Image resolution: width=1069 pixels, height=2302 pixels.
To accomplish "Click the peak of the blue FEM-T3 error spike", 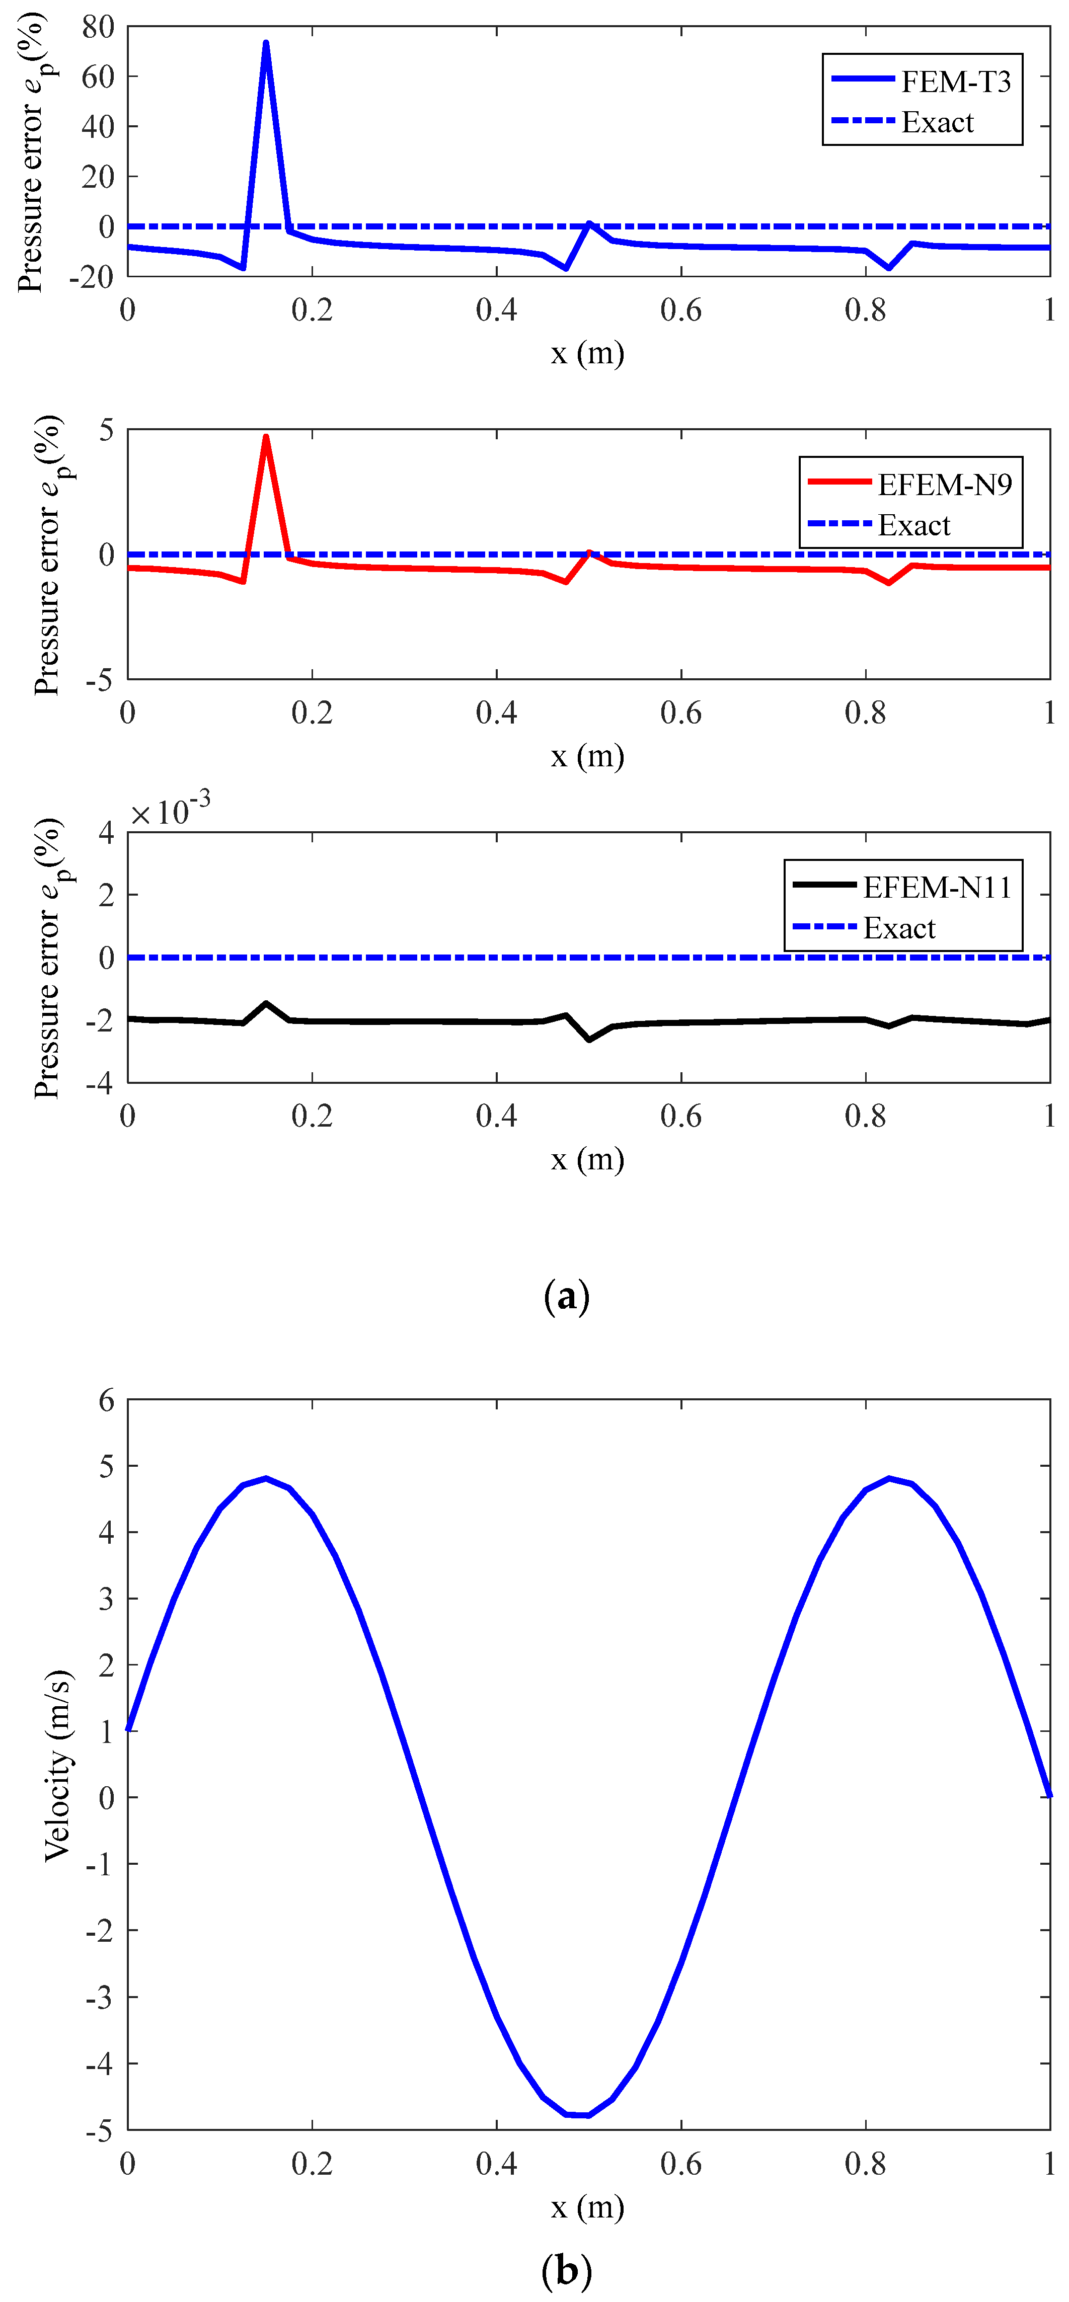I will pos(265,43).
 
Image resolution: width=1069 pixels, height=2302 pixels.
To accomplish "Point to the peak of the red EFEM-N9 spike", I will pos(265,437).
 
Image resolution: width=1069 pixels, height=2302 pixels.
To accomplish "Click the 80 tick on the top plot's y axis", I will pos(98,27).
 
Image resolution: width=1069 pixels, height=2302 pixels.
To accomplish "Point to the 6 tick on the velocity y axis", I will pos(106,1400).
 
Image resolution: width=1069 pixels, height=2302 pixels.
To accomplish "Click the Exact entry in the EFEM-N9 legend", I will pos(913,525).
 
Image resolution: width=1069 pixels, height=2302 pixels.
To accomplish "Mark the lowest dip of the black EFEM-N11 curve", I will pos(589,1039).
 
